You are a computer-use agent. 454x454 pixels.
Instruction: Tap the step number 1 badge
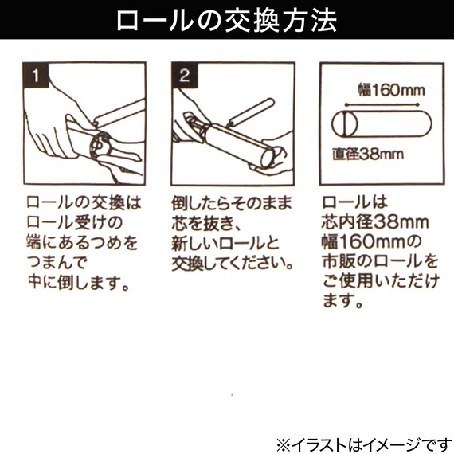pos(34,77)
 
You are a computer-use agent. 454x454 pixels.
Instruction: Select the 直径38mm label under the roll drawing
pos(367,154)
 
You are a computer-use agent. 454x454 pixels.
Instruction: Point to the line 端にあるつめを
pos(82,241)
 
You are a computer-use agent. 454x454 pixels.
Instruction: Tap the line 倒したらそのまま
pos(232,202)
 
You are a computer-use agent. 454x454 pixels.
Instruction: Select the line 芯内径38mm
pos(376,221)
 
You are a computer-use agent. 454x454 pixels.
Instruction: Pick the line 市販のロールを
pos(381,261)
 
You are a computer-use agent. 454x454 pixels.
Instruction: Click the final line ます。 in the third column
pos(343,302)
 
